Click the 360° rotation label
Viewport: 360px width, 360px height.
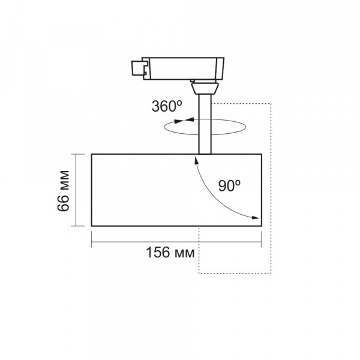pos(167,106)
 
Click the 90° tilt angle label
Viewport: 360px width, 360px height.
pos(229,186)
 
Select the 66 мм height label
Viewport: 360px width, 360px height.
pos(63,191)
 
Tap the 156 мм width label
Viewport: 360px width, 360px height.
pos(170,253)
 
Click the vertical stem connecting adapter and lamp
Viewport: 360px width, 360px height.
pos(205,124)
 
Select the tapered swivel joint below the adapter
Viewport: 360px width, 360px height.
pos(205,88)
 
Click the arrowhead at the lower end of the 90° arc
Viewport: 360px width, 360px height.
pos(256,218)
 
